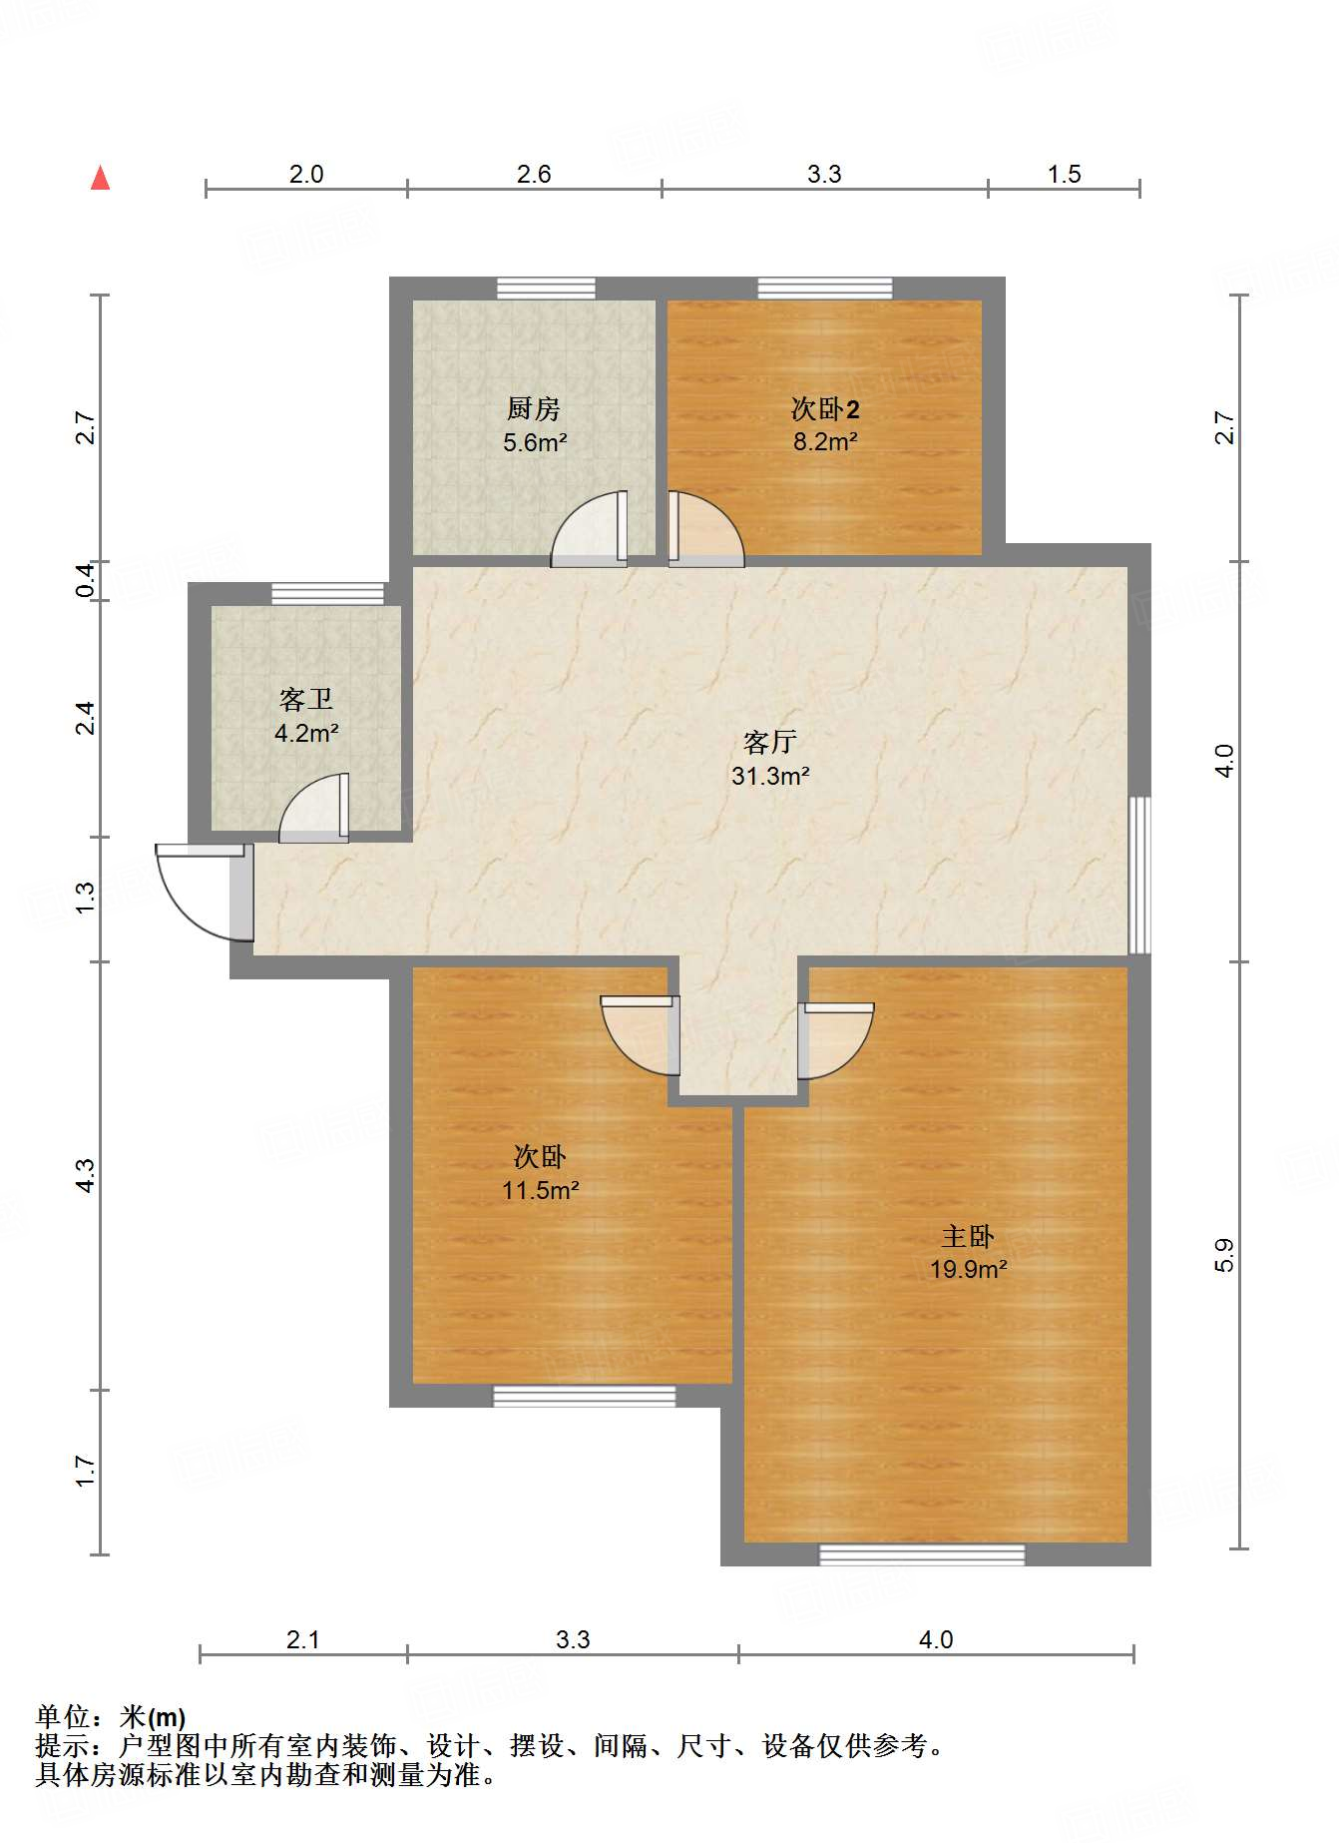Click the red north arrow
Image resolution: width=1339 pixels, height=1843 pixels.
(x=100, y=178)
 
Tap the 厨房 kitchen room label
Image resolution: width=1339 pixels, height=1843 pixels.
(x=534, y=408)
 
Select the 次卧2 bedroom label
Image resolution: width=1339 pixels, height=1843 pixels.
(x=825, y=408)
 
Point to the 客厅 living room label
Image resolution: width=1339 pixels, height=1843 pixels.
(x=769, y=742)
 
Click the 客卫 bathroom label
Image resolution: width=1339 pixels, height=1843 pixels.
(x=306, y=699)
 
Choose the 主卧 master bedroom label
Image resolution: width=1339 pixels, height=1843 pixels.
(x=968, y=1236)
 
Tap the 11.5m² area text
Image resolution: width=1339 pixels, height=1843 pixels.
(x=541, y=1190)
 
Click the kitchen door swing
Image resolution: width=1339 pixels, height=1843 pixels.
(x=589, y=529)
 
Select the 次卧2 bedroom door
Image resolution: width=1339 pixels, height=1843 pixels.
(x=706, y=529)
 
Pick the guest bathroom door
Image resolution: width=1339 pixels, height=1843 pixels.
(x=314, y=808)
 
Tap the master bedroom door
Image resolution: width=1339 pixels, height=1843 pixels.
(x=836, y=1040)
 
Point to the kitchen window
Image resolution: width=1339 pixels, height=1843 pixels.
(x=547, y=289)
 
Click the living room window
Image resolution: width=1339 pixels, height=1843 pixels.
(x=1139, y=875)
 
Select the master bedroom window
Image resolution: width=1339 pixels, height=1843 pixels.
(x=922, y=1554)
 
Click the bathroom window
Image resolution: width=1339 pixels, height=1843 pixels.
(x=328, y=594)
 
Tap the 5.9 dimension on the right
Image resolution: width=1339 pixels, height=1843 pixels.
(x=1224, y=1255)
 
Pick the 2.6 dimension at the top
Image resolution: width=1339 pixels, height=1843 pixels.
(x=534, y=174)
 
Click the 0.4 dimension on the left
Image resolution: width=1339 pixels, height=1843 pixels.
(x=87, y=581)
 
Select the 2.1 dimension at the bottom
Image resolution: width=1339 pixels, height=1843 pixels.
(x=302, y=1639)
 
